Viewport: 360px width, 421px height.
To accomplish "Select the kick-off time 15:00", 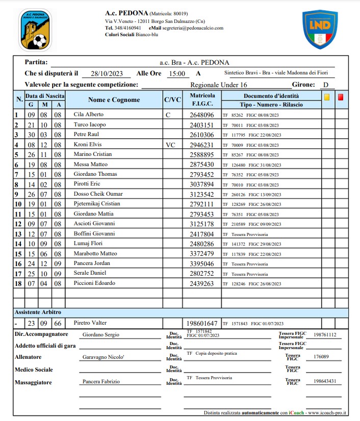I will [x=177, y=74].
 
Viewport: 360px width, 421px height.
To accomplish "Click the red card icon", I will [x=340, y=95].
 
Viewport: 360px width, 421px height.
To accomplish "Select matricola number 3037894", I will [x=201, y=185].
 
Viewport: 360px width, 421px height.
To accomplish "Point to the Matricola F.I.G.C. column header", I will [x=202, y=99].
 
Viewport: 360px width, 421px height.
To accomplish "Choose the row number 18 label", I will [x=18, y=283].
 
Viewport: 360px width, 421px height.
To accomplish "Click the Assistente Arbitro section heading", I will [x=39, y=312].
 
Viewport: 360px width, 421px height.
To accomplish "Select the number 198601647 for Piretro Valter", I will [x=201, y=324].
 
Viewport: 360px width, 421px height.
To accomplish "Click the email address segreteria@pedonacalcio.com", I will [x=193, y=28].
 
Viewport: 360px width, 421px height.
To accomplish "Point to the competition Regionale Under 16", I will [x=218, y=85].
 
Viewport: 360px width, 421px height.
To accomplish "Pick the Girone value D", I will [x=326, y=85].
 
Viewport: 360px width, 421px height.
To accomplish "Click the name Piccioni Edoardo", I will [x=94, y=283].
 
